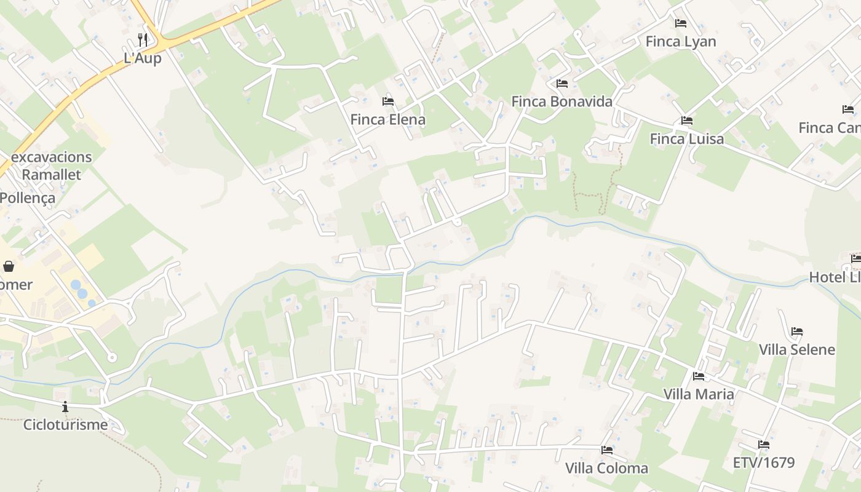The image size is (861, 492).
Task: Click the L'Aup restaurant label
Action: click(x=143, y=58)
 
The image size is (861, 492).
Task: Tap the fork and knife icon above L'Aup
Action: click(x=143, y=40)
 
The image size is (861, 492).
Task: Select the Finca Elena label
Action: click(x=387, y=119)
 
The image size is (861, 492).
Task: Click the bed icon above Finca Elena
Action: click(x=388, y=101)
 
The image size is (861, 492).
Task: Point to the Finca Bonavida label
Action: click(x=561, y=101)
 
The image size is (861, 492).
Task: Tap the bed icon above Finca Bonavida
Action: click(x=561, y=84)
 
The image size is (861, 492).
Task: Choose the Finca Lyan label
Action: click(x=681, y=41)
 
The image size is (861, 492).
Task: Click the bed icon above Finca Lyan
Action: click(x=681, y=23)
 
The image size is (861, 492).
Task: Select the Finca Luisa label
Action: click(x=687, y=138)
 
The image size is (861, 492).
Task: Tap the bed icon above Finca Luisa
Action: click(x=687, y=121)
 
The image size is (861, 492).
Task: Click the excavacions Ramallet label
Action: click(x=52, y=165)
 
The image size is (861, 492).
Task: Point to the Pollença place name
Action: click(x=28, y=198)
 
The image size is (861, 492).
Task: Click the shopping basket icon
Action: click(x=9, y=266)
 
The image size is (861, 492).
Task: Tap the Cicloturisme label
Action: click(x=65, y=424)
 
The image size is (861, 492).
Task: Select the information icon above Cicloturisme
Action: click(x=65, y=407)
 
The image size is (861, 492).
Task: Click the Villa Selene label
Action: click(x=796, y=349)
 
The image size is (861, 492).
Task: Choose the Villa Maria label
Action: click(x=699, y=394)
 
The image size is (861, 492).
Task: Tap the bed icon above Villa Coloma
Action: click(x=607, y=450)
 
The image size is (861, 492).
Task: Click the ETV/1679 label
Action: click(x=764, y=462)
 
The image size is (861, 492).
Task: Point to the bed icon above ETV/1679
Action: click(x=764, y=444)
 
